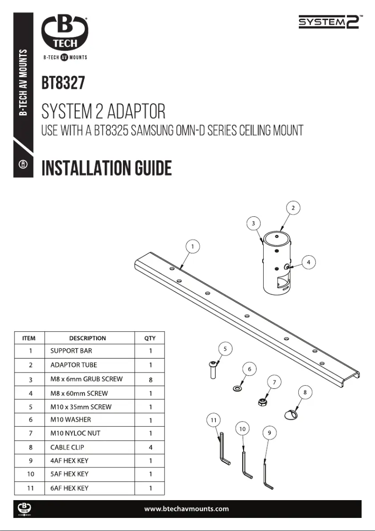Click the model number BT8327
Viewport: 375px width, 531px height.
click(63, 84)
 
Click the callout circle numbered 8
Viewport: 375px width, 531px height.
click(305, 393)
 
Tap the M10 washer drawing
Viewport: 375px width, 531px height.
click(238, 387)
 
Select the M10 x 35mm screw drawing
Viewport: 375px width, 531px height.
click(214, 371)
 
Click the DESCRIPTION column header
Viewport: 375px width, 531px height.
click(87, 338)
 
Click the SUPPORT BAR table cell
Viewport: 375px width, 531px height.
click(71, 351)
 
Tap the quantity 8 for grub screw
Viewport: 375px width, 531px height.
click(150, 380)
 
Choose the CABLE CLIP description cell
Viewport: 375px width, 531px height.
click(67, 447)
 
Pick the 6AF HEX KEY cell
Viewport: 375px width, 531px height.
click(69, 488)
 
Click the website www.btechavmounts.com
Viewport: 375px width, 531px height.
click(187, 509)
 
